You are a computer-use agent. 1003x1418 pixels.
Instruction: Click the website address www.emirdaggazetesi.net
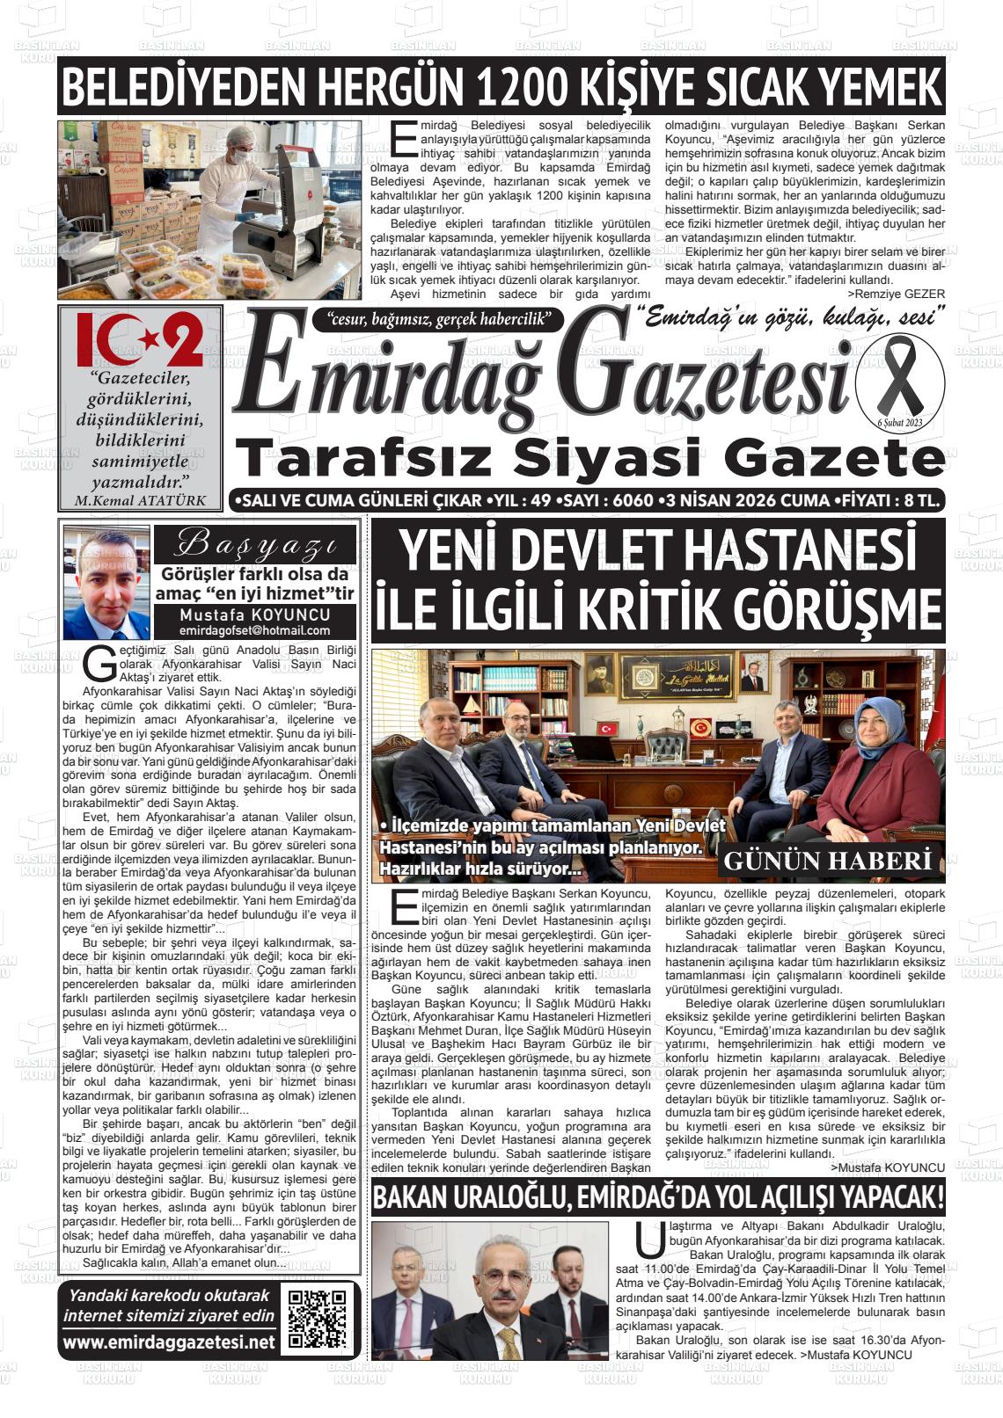click(168, 1342)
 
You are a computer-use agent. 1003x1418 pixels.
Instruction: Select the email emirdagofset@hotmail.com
click(254, 630)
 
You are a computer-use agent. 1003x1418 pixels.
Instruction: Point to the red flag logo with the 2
click(140, 339)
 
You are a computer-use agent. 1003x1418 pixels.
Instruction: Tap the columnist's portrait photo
click(106, 585)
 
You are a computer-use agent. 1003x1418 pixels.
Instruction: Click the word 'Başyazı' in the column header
click(255, 545)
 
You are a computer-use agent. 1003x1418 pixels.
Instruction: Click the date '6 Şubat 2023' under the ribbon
click(898, 423)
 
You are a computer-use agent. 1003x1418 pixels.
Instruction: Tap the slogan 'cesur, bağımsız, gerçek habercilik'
click(437, 318)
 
